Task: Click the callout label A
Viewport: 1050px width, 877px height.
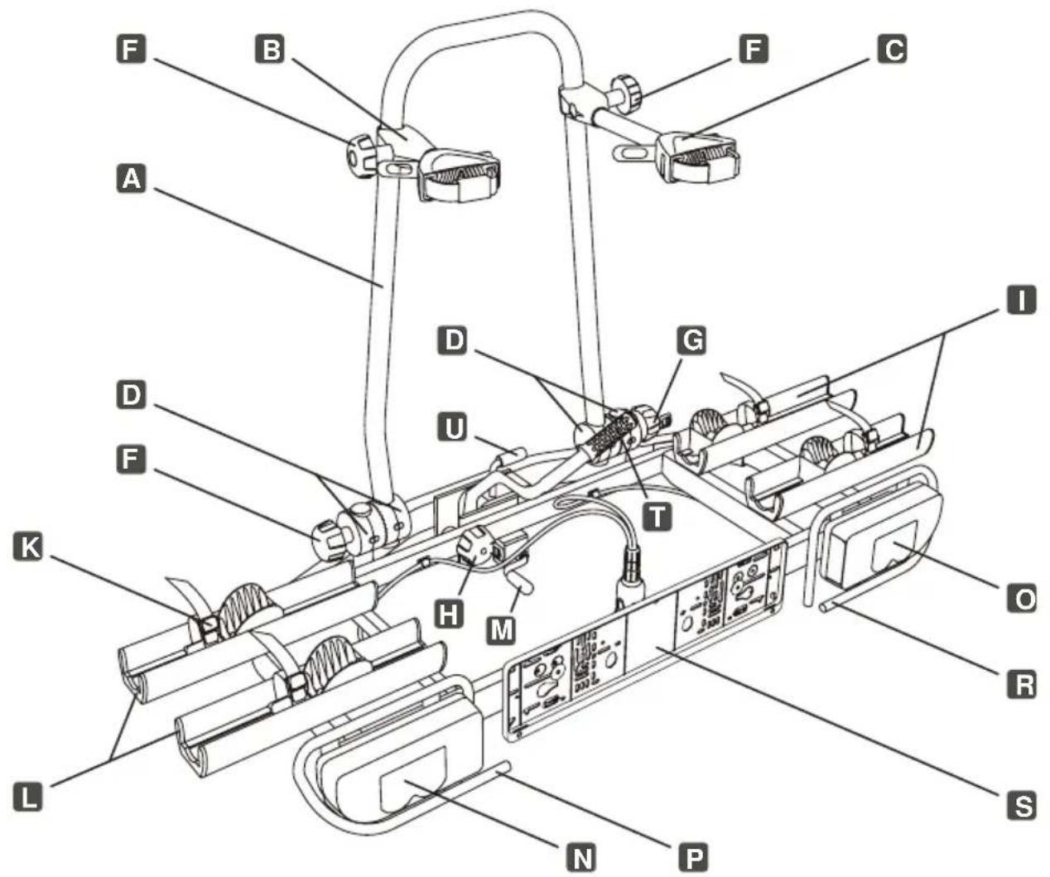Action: (132, 179)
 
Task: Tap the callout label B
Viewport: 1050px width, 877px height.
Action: (270, 49)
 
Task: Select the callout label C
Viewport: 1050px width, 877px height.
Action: (893, 49)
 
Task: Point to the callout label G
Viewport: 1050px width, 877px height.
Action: (691, 340)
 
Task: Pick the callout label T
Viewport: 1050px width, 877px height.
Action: (657, 515)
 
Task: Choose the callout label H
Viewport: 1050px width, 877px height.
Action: (448, 614)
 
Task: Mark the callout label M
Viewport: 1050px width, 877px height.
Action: (501, 629)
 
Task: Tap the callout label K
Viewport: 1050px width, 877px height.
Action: (28, 547)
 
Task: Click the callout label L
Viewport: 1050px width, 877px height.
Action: (28, 796)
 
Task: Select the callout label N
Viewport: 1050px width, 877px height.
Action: (581, 856)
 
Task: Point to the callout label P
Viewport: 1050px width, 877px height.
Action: (693, 856)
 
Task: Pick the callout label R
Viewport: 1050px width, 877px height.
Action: (1023, 683)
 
